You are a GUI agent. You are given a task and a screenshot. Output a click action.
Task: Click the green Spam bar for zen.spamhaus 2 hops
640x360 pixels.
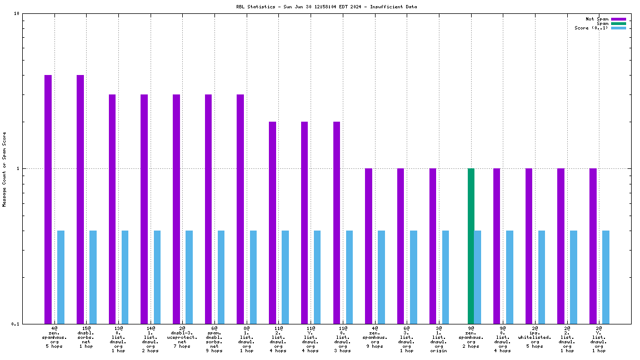point(471,246)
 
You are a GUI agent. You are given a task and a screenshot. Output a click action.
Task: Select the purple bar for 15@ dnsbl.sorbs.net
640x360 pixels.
point(80,199)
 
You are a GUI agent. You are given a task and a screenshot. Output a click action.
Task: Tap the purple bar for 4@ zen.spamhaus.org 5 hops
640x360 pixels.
point(48,199)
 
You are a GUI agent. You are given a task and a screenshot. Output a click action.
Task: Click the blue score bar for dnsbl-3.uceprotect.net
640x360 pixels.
point(189,277)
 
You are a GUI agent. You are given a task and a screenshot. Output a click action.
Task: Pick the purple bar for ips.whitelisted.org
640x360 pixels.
point(529,246)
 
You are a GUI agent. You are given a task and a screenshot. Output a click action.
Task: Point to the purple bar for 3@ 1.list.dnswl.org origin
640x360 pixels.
point(433,246)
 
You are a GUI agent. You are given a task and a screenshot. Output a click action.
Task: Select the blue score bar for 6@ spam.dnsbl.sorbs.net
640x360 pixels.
point(221,277)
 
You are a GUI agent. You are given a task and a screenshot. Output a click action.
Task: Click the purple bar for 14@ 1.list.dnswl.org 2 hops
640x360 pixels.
point(144,209)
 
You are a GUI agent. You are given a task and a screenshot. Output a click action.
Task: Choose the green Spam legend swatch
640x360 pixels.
point(618,23)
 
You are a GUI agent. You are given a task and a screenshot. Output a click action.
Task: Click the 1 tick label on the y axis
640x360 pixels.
point(18,168)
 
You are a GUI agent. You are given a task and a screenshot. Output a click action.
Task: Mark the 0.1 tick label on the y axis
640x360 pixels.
point(16,324)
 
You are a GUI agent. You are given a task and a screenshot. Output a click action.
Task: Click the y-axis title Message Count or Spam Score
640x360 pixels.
point(4,169)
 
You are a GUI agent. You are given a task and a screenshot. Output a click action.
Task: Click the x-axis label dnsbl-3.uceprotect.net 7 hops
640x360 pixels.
point(182,337)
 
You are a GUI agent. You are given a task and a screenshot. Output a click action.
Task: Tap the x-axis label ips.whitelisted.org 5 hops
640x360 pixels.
point(534,337)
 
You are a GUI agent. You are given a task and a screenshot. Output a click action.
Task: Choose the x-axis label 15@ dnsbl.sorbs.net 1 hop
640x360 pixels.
point(86,337)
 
